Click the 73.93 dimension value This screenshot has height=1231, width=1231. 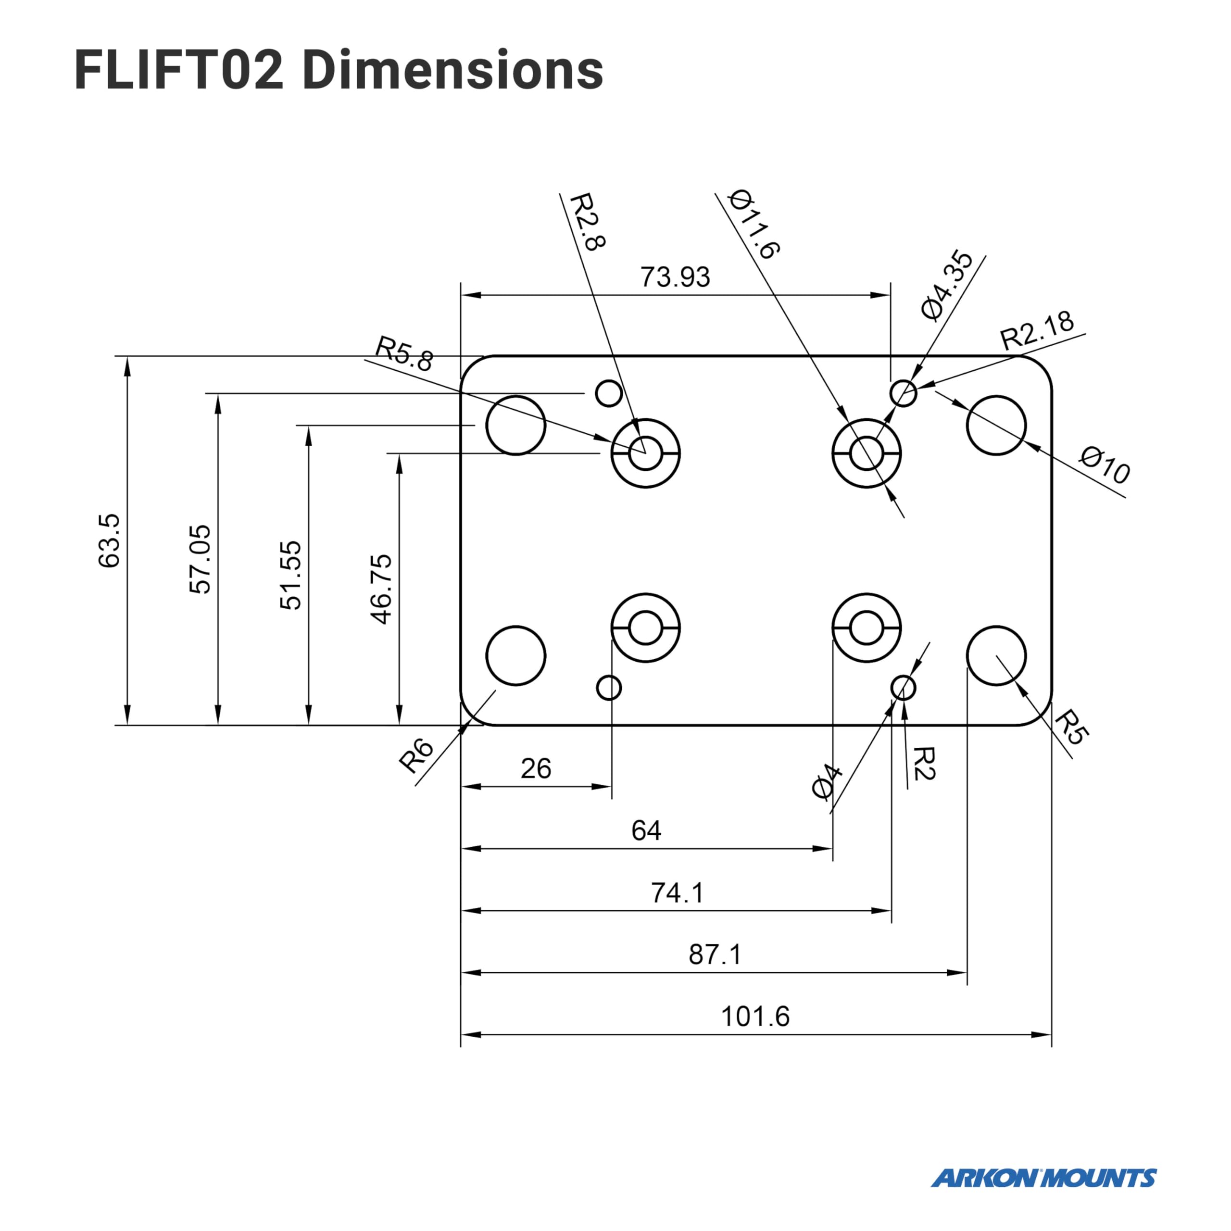(x=675, y=277)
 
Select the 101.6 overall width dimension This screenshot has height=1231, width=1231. (x=754, y=1016)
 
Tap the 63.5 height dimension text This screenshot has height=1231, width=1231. (x=109, y=540)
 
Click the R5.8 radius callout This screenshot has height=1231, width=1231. (x=404, y=354)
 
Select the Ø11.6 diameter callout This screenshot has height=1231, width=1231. (x=754, y=225)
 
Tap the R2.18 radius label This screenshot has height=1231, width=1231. (x=1037, y=331)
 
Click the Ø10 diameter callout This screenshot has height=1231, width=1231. (x=1105, y=465)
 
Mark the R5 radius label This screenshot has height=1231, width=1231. (x=1071, y=727)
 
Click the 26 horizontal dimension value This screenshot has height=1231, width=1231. (x=535, y=769)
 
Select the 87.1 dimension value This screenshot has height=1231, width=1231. (x=715, y=955)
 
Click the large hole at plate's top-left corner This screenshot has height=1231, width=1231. (x=515, y=425)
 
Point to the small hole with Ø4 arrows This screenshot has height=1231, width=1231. (x=903, y=688)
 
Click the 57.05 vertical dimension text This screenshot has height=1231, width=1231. (x=200, y=559)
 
